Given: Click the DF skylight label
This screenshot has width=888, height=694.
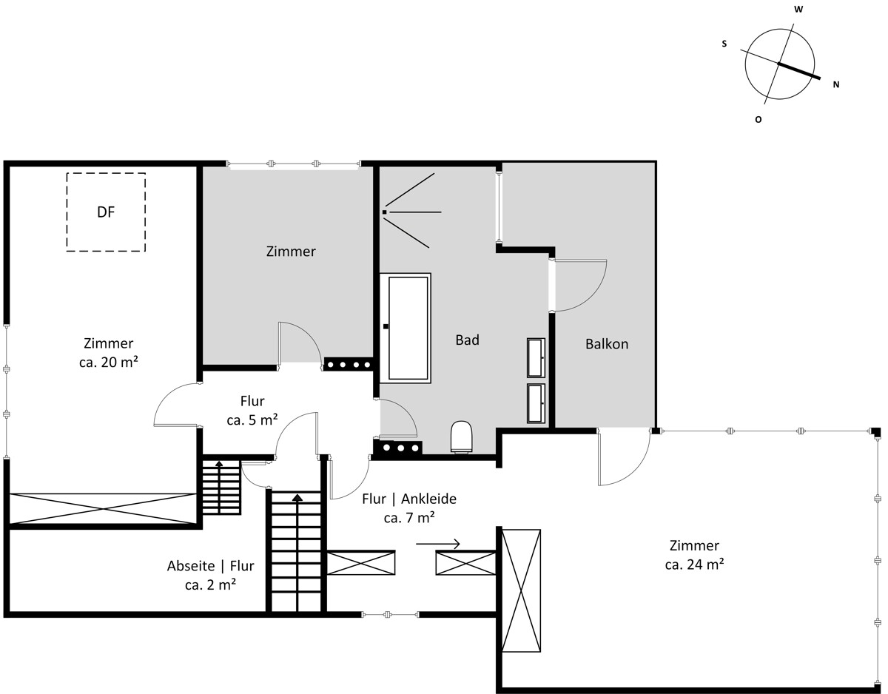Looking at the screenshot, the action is pos(106,212).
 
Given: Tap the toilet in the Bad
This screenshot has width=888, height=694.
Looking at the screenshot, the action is pos(461,437).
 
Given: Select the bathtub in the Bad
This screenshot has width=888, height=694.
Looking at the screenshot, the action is pos(406,328).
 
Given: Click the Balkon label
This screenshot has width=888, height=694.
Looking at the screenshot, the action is pos(607,344).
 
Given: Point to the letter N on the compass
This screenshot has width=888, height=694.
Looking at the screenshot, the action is pos(836,84).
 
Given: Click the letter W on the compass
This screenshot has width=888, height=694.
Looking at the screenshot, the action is pos(798,10).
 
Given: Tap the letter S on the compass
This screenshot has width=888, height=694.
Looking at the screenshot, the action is pos(724,44).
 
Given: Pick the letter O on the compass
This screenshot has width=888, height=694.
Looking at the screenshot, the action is pos(758,120).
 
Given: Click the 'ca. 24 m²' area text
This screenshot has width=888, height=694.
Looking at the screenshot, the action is pos(694,564).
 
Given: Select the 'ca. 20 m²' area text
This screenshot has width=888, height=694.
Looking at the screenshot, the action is pos(108,362).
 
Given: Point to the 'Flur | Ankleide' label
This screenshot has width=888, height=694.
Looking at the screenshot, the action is pos(409,499).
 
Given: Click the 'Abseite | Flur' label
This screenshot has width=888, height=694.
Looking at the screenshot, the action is pos(210,566).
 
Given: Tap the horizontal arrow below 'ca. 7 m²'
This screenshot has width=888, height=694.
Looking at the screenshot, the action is pos(437,544).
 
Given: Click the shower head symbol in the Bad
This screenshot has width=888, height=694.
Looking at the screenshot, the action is pos(385,212).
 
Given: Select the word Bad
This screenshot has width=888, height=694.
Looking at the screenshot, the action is pos(467,340).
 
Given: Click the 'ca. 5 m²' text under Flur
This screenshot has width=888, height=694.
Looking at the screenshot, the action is pos(252,420).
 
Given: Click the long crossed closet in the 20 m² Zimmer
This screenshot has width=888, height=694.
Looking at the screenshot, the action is pos(103,508).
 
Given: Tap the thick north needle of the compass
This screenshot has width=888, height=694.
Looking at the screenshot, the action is pos(799,71).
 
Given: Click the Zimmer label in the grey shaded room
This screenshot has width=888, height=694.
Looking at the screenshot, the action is pos(291,252).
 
